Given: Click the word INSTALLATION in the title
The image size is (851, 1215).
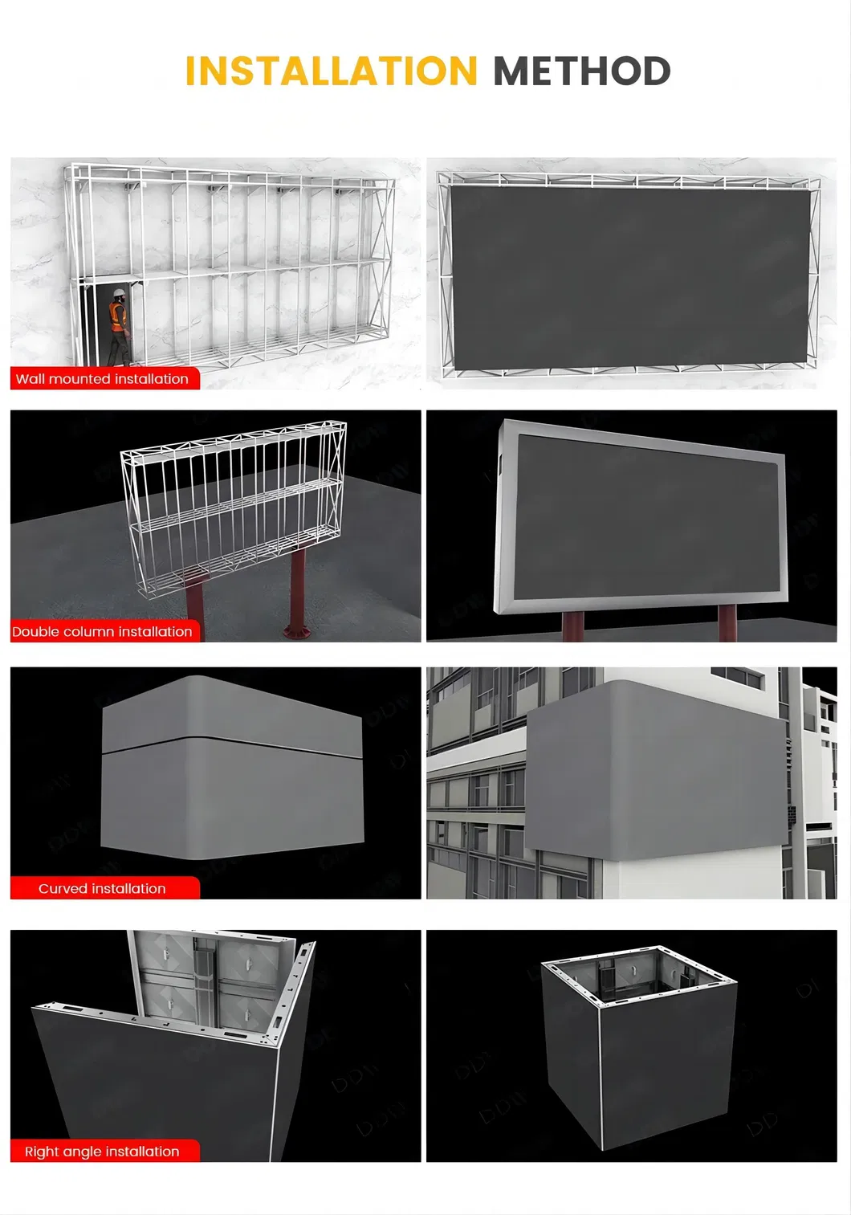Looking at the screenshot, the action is pyautogui.click(x=331, y=71).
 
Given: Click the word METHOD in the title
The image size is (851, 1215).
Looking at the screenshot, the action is pyautogui.click(x=582, y=71).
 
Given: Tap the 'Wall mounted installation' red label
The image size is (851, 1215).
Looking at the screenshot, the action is pyautogui.click(x=104, y=378).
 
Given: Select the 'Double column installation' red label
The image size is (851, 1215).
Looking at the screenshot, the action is pyautogui.click(x=104, y=631).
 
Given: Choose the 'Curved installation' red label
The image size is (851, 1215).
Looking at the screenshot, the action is pyautogui.click(x=104, y=888).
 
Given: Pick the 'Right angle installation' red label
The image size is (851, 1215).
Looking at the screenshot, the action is pyautogui.click(x=104, y=1151).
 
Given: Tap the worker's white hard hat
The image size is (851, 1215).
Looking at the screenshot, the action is pyautogui.click(x=119, y=293).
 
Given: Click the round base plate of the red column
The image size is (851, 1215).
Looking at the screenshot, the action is pyautogui.click(x=297, y=631).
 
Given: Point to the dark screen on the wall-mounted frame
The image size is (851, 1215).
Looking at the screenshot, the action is pyautogui.click(x=631, y=276).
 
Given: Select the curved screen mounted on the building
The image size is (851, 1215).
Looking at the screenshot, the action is pyautogui.click(x=656, y=770).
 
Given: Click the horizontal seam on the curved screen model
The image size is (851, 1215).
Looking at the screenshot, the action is pyautogui.click(x=232, y=746).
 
